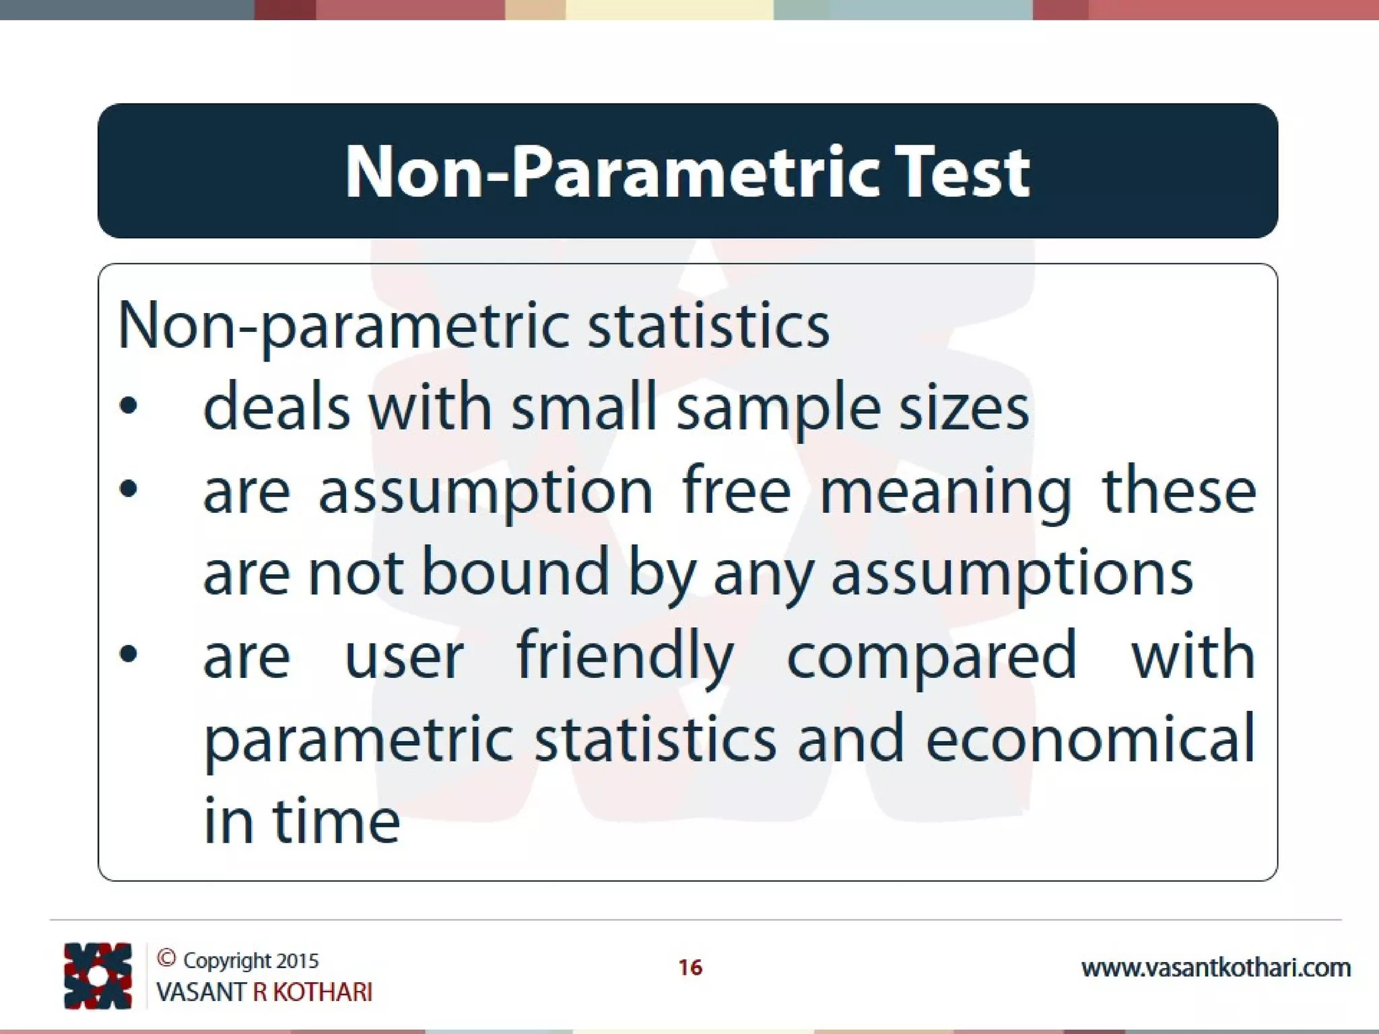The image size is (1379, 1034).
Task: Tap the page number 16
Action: (690, 967)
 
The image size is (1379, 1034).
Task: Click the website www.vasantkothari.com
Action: (1215, 968)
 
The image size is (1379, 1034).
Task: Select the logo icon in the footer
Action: (98, 975)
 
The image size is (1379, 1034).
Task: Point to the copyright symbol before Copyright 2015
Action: (166, 958)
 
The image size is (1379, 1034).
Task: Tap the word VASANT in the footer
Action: (200, 992)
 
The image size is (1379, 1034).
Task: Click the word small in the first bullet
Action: (583, 408)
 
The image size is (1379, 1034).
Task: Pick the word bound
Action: (515, 572)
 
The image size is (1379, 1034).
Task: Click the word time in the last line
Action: (335, 821)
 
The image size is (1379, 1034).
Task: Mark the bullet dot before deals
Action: (128, 406)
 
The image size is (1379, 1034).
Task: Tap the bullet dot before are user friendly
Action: (128, 654)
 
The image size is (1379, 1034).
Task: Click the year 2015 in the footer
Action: (297, 961)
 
